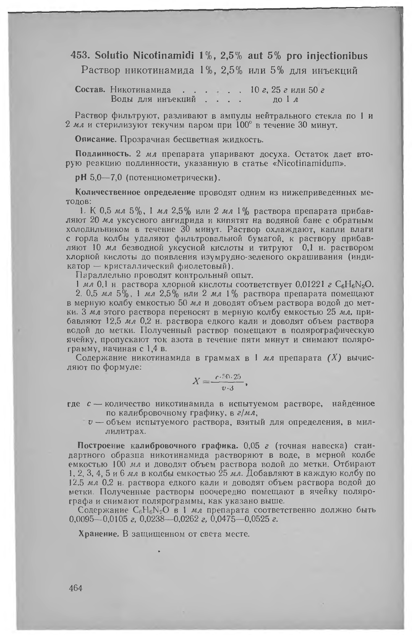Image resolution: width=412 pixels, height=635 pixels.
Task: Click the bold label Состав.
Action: [x=91, y=90]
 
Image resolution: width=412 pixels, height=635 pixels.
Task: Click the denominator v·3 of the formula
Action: [x=227, y=388]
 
